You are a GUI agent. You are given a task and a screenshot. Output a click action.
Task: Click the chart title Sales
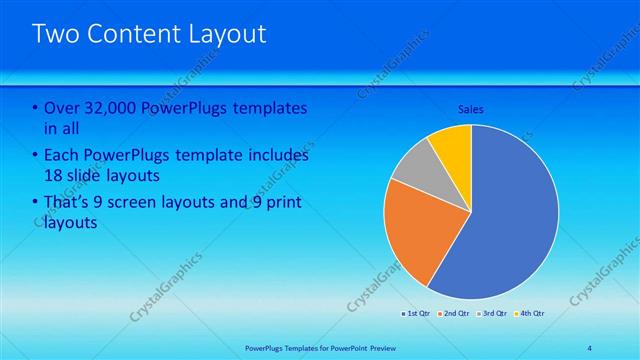pos(472,109)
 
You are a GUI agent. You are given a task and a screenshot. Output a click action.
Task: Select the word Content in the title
pos(131,35)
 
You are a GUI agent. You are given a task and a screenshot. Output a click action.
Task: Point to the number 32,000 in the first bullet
pos(106,108)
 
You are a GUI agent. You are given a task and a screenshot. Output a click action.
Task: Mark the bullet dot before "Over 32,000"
pos(35,108)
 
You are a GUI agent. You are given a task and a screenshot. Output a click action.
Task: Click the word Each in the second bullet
pos(60,155)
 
